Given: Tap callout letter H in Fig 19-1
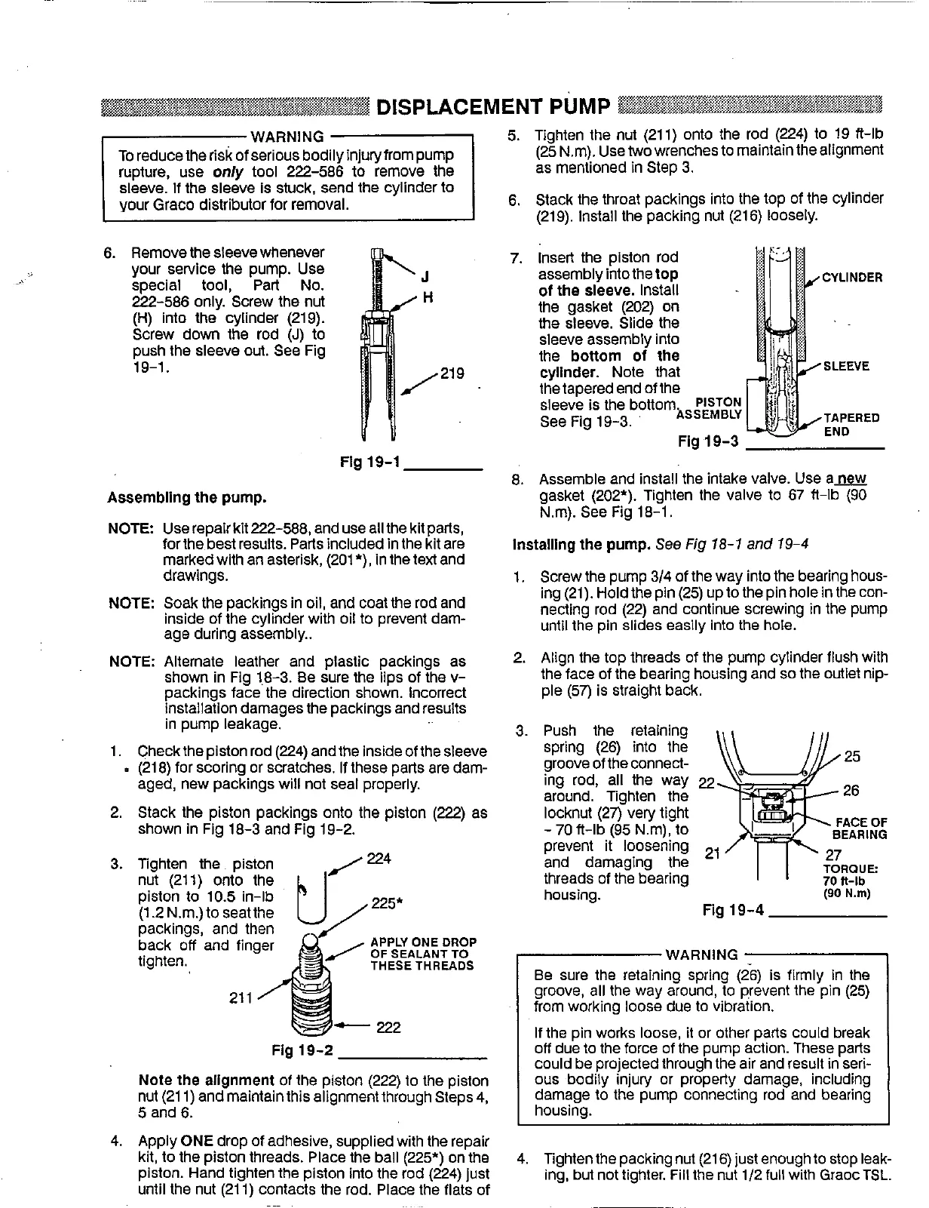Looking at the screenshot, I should pyautogui.click(x=426, y=297).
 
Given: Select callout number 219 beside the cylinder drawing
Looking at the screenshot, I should pyautogui.click(x=452, y=373).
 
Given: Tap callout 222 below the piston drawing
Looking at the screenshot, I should pyautogui.click(x=388, y=1028).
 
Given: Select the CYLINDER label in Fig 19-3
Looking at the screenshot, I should pyautogui.click(x=851, y=278).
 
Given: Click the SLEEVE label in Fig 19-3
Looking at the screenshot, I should pyautogui.click(x=846, y=367).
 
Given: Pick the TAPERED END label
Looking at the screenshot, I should pyautogui.click(x=851, y=425).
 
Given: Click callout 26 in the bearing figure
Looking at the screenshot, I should pyautogui.click(x=851, y=791).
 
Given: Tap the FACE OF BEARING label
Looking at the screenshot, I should pyautogui.click(x=859, y=828).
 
